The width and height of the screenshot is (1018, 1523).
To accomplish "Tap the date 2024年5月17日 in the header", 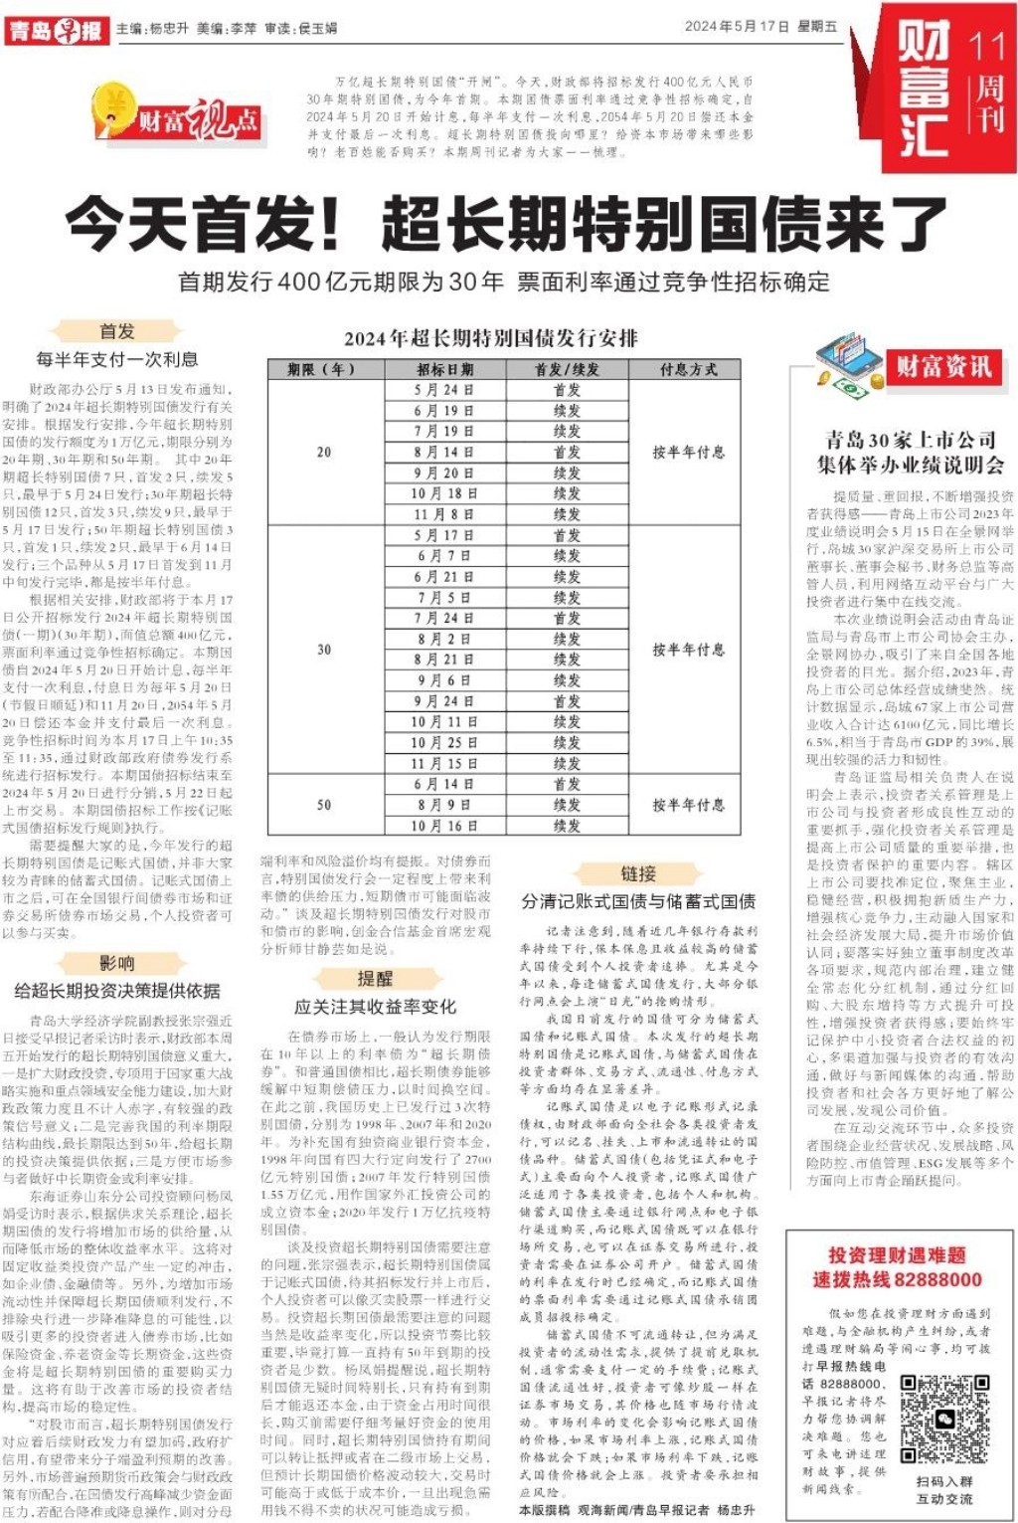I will point(737,27).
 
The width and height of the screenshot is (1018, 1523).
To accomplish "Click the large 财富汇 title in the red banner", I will point(924,90).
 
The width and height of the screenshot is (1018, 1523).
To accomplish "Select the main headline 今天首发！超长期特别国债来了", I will point(507,224).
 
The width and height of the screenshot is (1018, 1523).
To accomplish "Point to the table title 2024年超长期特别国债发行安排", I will point(491,338).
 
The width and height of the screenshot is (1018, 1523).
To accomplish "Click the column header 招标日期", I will point(444,369).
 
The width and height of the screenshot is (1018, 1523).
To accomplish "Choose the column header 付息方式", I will point(688,369).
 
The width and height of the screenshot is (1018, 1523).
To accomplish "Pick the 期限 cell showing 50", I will point(324,805).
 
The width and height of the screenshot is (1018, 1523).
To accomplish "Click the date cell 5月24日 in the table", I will point(444,390).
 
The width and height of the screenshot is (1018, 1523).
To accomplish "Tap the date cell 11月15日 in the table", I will point(444,763).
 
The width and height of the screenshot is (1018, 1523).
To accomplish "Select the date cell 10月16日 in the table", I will point(444,826).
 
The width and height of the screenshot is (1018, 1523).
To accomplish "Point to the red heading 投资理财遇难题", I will point(897,1255).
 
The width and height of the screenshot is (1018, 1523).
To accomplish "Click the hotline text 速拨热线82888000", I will point(897,1279).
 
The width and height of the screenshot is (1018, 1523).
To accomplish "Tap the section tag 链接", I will point(638,873).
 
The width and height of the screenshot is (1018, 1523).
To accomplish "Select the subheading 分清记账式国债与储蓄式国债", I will point(638,901).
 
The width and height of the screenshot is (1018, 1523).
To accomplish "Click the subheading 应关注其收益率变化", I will point(375,1006).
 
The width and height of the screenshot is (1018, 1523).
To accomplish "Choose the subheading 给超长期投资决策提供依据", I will point(117,991).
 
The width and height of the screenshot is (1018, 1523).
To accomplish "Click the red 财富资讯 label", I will point(943,366).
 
